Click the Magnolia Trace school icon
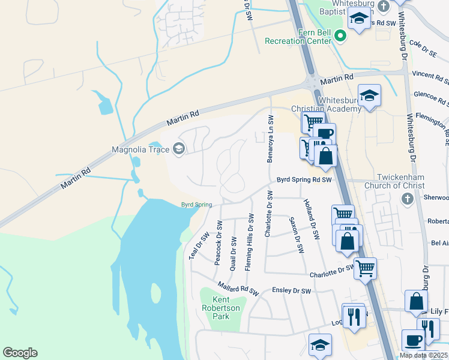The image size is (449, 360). [x=178, y=149]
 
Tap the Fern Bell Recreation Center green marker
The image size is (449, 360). [x=341, y=37]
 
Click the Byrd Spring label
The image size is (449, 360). [x=197, y=205]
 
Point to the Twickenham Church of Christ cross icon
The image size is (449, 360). [x=406, y=198]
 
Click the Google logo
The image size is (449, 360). [x=20, y=353]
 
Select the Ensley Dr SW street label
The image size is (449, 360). [x=291, y=291]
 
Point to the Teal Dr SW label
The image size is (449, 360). [x=197, y=246]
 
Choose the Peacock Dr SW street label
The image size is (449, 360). [x=219, y=242]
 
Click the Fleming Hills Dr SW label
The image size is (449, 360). [x=249, y=244]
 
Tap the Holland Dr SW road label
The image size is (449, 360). [x=310, y=220]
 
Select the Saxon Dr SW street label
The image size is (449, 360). [x=294, y=233]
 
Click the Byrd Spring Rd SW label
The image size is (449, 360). [x=304, y=179]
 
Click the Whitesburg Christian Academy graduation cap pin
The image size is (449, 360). [x=369, y=95]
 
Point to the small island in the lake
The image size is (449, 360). [x=156, y=293]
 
